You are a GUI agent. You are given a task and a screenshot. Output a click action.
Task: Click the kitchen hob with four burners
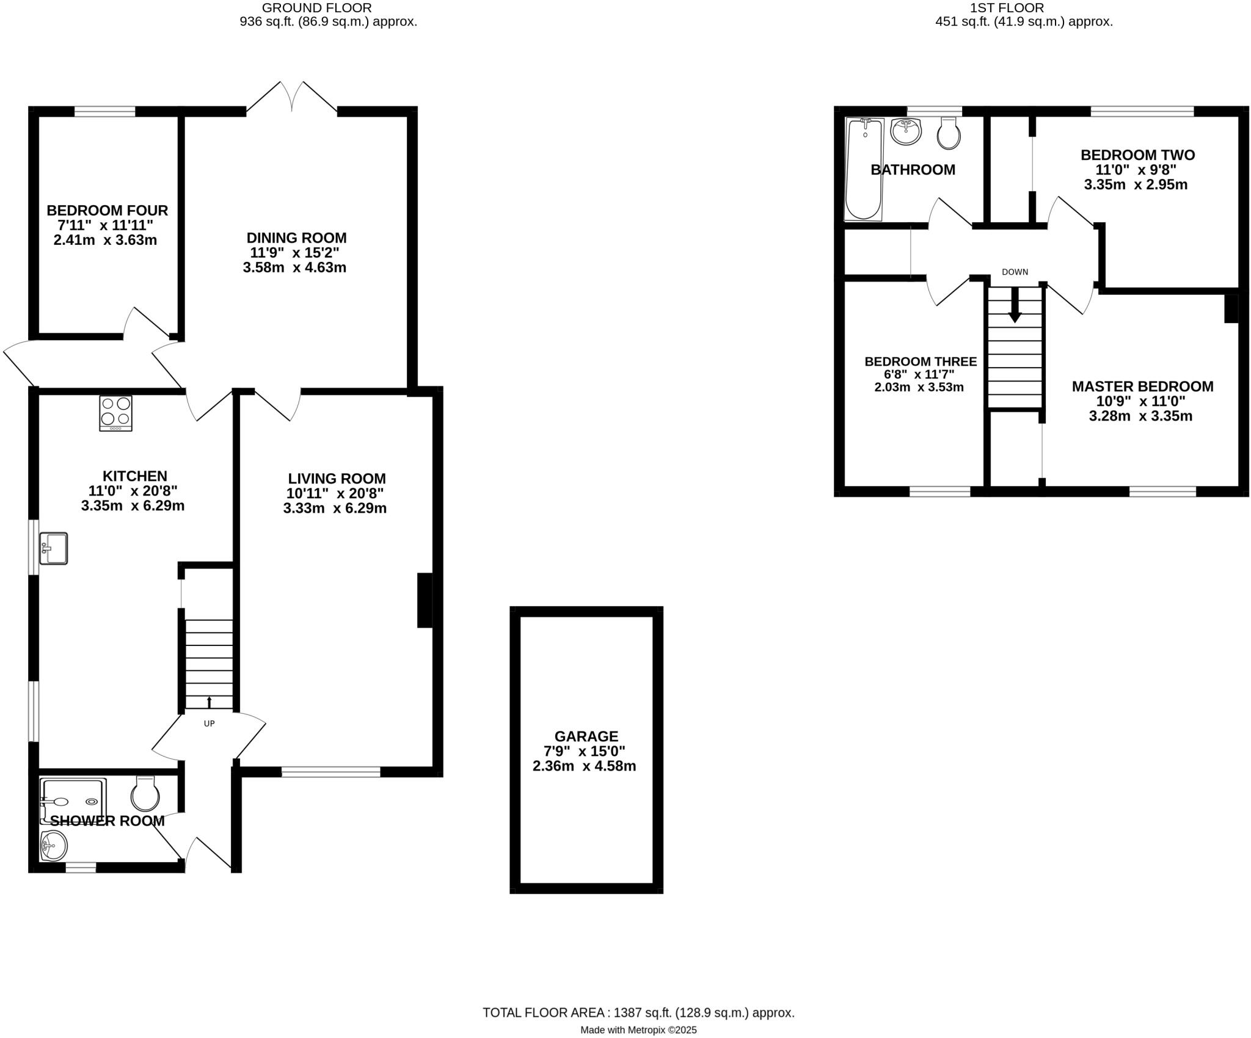[x=115, y=413]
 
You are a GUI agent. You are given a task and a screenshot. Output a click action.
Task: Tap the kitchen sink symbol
[x=53, y=548]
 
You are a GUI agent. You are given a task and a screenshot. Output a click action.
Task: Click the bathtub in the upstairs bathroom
[x=863, y=169]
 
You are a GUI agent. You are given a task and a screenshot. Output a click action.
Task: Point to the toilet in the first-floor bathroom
[x=949, y=134]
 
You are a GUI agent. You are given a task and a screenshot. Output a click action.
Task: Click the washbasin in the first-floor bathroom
[x=905, y=131]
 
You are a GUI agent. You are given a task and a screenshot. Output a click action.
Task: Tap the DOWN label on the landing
[x=1015, y=272]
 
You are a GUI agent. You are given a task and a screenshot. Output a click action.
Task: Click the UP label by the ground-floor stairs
[x=209, y=724]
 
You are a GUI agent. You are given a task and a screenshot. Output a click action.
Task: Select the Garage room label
[x=586, y=736]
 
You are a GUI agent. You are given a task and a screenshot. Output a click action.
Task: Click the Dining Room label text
[x=296, y=238]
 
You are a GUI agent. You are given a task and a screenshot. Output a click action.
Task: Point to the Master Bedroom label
[x=1142, y=387]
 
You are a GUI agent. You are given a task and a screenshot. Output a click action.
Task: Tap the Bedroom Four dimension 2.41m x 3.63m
[x=105, y=240]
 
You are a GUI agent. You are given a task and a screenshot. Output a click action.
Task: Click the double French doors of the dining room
[x=292, y=98]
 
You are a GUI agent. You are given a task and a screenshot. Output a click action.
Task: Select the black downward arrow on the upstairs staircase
[x=1015, y=306]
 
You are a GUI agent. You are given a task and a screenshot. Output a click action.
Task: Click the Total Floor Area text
[x=638, y=1012]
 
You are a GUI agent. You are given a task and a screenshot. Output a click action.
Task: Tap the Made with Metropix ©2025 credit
[x=638, y=1030]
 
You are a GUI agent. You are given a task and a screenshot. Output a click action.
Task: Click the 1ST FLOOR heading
[x=1023, y=8]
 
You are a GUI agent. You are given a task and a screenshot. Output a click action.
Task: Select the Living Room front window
[x=330, y=772]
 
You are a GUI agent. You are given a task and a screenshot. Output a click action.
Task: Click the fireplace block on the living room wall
[x=425, y=600]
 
